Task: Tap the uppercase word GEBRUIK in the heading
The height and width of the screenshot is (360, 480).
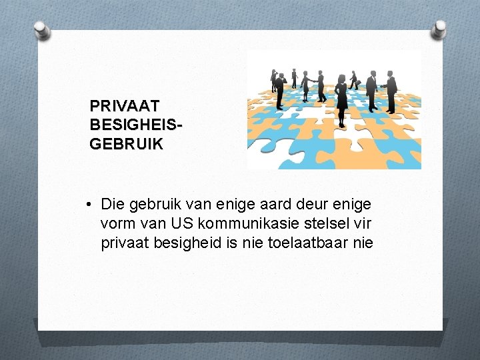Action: [126, 144]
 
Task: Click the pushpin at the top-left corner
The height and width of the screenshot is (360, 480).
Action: [40, 29]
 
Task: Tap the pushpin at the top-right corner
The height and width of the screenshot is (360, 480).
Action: [439, 28]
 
